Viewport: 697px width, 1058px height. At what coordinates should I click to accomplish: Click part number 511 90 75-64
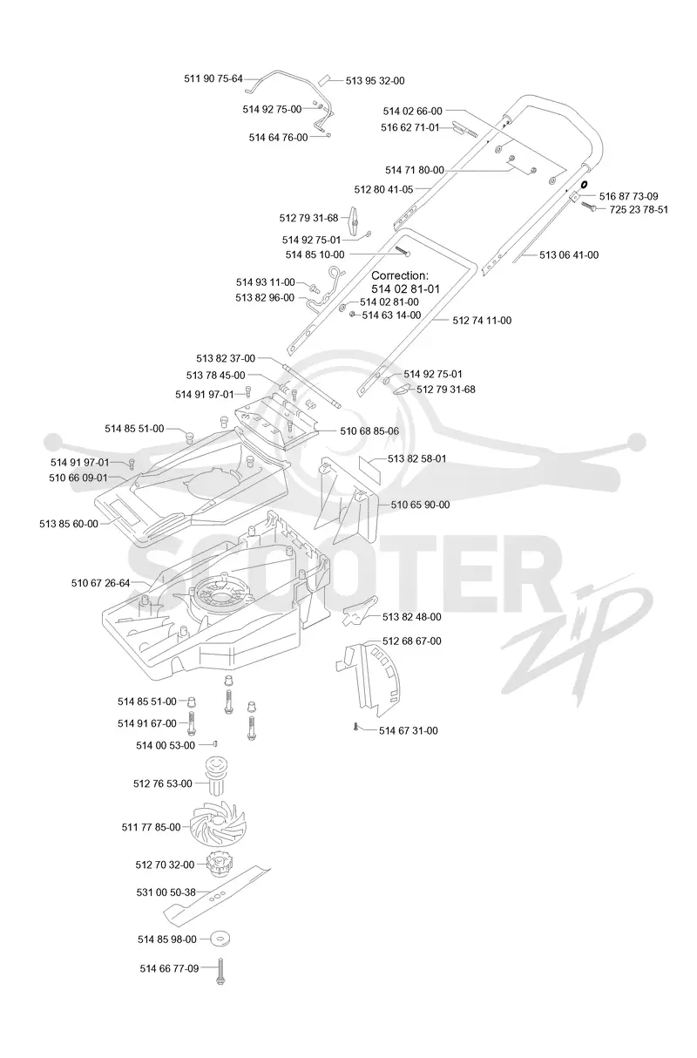point(213,79)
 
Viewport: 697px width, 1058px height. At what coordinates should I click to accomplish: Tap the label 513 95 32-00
point(375,81)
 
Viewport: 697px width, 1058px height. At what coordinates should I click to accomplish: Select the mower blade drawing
point(217,894)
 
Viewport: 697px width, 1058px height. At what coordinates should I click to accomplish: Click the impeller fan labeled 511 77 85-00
point(217,826)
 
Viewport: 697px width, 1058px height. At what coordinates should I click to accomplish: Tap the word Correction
point(400,275)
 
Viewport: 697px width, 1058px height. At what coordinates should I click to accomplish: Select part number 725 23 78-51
point(639,209)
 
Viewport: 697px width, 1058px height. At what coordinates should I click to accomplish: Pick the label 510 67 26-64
point(100,583)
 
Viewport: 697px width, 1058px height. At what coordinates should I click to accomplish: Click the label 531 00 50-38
point(166,892)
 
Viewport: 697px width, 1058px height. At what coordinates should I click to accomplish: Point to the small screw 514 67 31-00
point(355,728)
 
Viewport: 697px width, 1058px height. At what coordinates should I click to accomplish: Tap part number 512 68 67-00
point(412,641)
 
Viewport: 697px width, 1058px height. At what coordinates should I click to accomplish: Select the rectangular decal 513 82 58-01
point(369,469)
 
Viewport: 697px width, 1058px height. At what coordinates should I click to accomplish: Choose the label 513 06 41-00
point(569,255)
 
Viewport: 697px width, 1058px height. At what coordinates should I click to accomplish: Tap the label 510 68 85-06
point(369,431)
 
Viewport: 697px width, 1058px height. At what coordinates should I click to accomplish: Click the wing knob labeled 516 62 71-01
point(465,129)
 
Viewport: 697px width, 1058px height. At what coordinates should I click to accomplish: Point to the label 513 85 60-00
point(69,524)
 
